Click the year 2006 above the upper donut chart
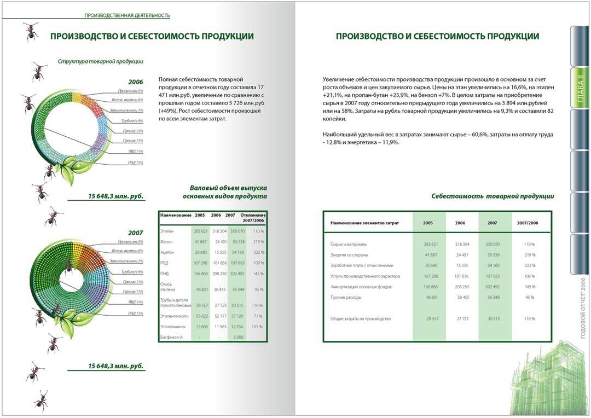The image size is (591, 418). (x=135, y=81)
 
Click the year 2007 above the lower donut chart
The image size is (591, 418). (x=135, y=233)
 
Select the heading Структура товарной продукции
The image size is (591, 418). (x=101, y=62)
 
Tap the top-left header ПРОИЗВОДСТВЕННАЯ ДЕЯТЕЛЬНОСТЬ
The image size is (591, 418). (x=127, y=15)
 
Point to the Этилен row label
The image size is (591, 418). (x=167, y=231)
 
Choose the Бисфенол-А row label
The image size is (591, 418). (x=171, y=337)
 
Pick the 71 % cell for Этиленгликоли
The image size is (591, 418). (x=258, y=316)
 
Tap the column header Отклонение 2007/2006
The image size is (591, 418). (x=253, y=217)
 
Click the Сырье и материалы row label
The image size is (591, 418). (x=349, y=244)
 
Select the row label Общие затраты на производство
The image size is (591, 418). (x=361, y=318)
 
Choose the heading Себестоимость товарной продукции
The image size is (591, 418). (x=493, y=196)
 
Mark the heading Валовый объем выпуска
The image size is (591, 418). (x=228, y=188)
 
